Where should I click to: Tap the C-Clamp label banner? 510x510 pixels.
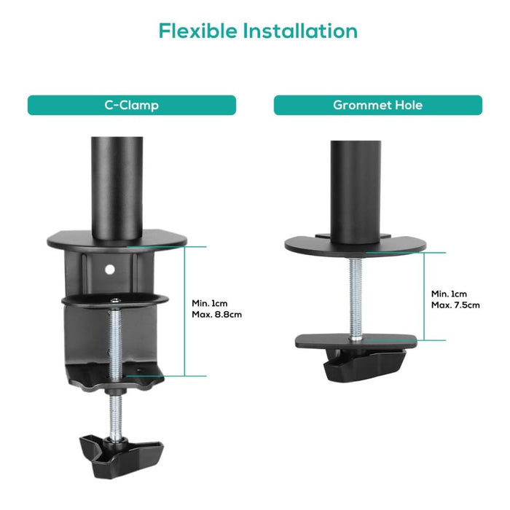pyautogui.click(x=131, y=105)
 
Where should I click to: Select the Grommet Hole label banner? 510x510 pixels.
pyautogui.click(x=377, y=105)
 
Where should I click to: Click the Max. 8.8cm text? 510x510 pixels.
pyautogui.click(x=216, y=315)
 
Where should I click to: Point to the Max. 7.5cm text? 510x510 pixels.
pyautogui.click(x=455, y=305)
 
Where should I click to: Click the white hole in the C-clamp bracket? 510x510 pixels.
pyautogui.click(x=110, y=269)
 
